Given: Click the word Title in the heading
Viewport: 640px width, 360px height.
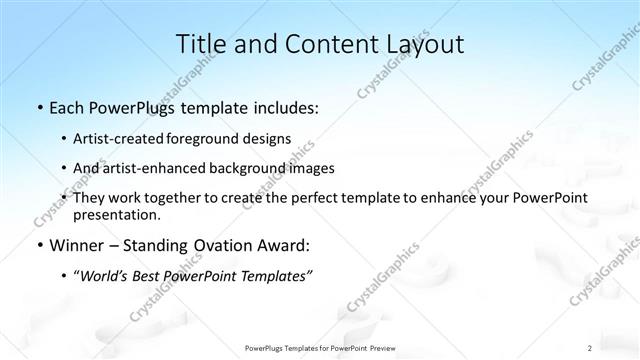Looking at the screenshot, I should pyautogui.click(x=200, y=44).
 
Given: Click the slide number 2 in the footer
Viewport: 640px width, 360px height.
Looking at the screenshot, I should pyautogui.click(x=590, y=347).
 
